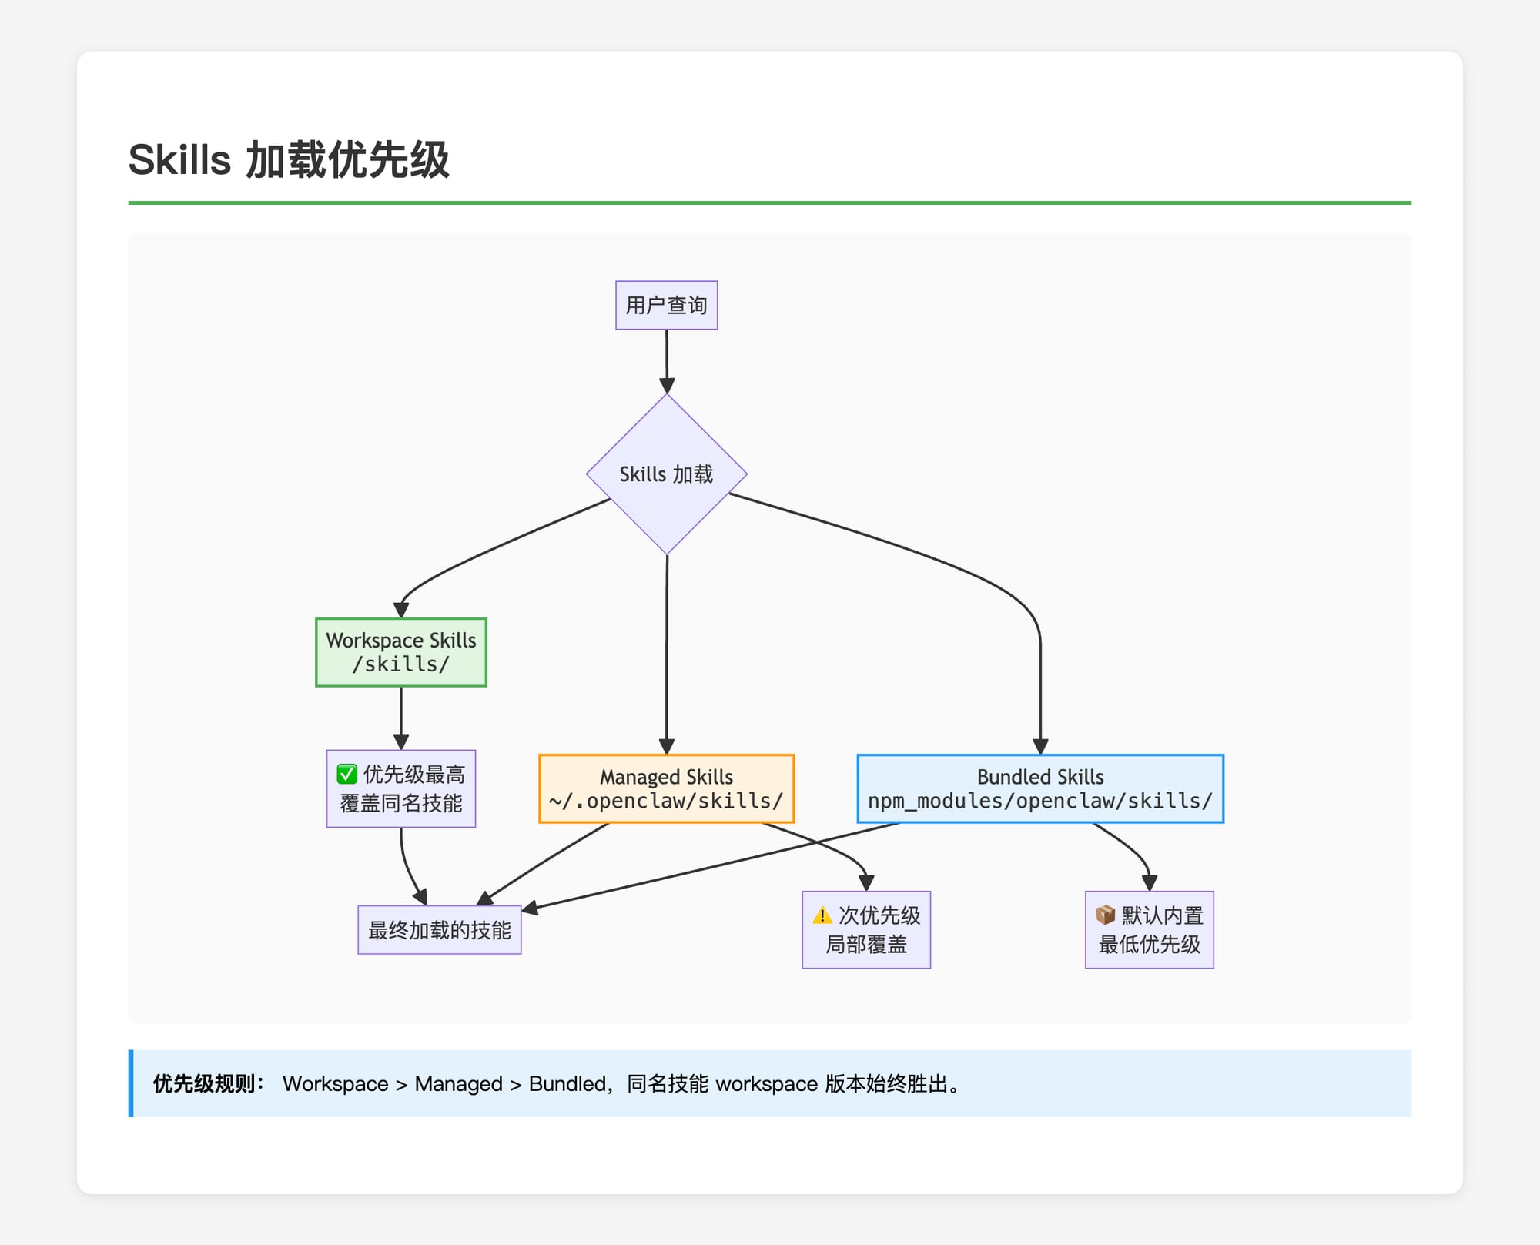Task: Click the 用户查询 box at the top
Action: point(666,306)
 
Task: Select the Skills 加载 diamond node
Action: point(666,474)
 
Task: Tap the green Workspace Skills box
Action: point(400,651)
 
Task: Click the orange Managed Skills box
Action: point(666,788)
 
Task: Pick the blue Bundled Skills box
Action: point(1039,788)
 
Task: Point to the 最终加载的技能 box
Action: point(439,930)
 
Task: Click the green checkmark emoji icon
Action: point(347,774)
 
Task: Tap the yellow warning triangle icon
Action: point(822,915)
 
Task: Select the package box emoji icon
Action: point(1105,915)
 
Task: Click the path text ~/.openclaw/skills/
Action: point(666,802)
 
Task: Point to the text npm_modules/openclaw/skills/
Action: point(1039,802)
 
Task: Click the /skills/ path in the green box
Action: point(400,664)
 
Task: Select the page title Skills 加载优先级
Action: point(289,160)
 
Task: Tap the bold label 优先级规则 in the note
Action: point(205,1084)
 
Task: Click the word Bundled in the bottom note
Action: point(567,1084)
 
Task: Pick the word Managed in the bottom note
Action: point(458,1084)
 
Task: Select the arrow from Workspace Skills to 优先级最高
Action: point(401,716)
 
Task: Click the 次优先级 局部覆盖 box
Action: point(866,930)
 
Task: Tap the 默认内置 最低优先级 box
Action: point(1149,930)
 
